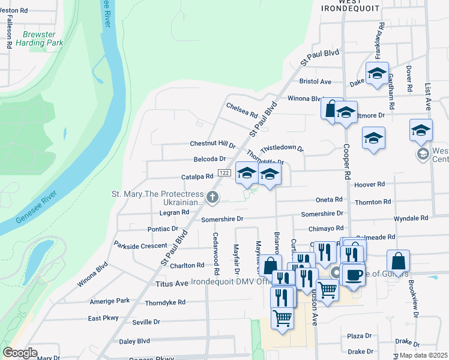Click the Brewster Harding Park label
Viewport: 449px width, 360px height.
coord(43,39)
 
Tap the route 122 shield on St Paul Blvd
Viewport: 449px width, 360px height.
coord(224,173)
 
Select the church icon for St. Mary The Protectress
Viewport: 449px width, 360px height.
coord(211,197)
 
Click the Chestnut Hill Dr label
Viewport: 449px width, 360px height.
coord(212,144)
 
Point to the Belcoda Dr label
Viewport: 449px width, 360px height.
coord(209,159)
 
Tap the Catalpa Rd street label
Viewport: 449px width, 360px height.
coord(197,177)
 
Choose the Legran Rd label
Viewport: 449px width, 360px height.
coord(175,212)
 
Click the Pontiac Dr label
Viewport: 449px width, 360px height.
coord(163,229)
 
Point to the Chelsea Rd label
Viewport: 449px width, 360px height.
coord(242,110)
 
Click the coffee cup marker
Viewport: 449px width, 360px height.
coord(353,274)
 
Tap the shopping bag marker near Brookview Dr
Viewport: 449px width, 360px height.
coord(398,261)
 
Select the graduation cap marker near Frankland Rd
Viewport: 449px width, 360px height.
coord(376,73)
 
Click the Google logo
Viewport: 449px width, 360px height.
coord(20,353)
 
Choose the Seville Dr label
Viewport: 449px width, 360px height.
coord(146,322)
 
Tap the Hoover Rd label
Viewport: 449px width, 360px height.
coord(372,185)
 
